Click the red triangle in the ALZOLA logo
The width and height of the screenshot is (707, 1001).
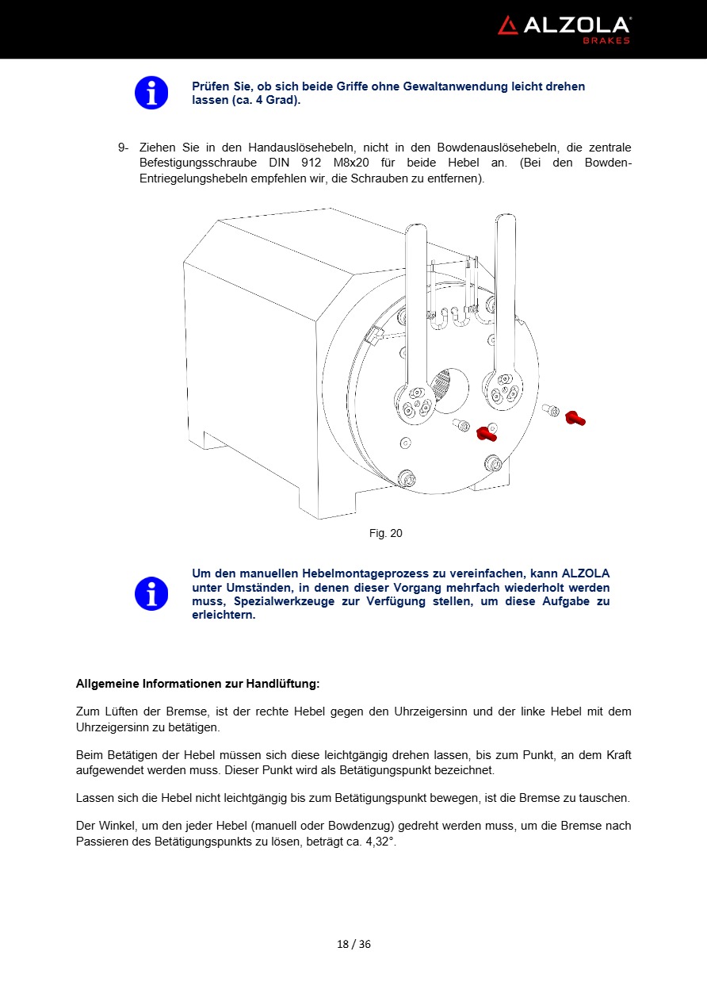[x=507, y=25]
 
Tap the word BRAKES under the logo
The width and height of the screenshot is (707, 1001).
[x=606, y=40]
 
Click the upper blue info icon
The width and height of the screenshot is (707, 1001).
[x=151, y=93]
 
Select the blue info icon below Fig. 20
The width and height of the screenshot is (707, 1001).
[x=151, y=593]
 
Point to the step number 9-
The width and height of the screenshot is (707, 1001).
[x=124, y=148]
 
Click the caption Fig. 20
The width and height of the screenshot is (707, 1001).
[x=385, y=533]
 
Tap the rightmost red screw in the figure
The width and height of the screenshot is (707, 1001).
[x=575, y=417]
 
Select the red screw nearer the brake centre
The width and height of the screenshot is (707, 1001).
[x=486, y=432]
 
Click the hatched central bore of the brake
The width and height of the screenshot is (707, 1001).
[x=449, y=389]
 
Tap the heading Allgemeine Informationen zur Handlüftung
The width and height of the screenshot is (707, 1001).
[x=197, y=683]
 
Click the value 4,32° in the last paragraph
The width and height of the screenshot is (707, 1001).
[x=380, y=842]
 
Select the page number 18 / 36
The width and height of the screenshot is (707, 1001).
[x=353, y=944]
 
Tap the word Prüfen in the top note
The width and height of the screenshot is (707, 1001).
[x=211, y=86]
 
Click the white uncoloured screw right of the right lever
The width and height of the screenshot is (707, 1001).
[x=550, y=409]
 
